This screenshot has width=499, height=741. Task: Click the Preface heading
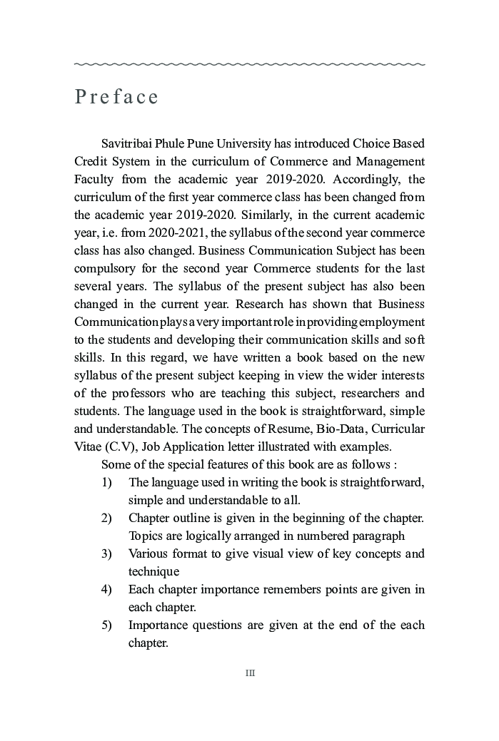116,97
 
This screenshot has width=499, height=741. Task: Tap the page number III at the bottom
250,673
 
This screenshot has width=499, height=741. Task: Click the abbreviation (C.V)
119,446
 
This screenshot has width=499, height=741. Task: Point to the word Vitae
88,446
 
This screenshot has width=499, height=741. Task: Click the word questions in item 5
220,625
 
